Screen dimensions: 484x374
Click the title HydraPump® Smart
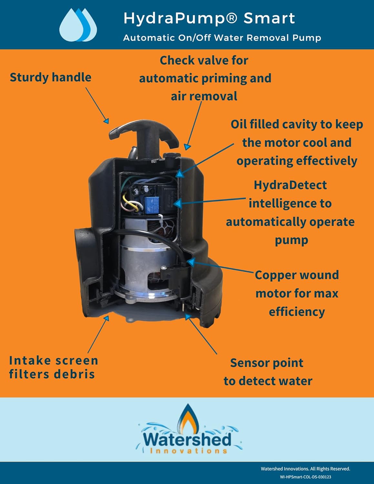(x=209, y=18)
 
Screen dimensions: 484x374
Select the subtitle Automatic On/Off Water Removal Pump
(x=222, y=38)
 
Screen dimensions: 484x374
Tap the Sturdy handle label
(x=50, y=77)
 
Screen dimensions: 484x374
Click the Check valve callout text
(x=205, y=78)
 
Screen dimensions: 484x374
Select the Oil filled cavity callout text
(x=297, y=143)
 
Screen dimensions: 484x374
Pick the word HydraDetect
(x=290, y=185)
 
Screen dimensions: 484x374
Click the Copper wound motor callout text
(x=297, y=293)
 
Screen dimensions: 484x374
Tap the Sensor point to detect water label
(x=268, y=372)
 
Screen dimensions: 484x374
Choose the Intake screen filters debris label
(x=53, y=367)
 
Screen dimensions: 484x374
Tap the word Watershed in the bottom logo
(x=187, y=439)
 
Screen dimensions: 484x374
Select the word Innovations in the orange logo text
(x=189, y=451)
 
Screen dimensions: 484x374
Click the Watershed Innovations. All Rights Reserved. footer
(x=305, y=469)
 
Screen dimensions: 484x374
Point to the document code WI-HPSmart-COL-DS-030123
(x=305, y=477)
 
